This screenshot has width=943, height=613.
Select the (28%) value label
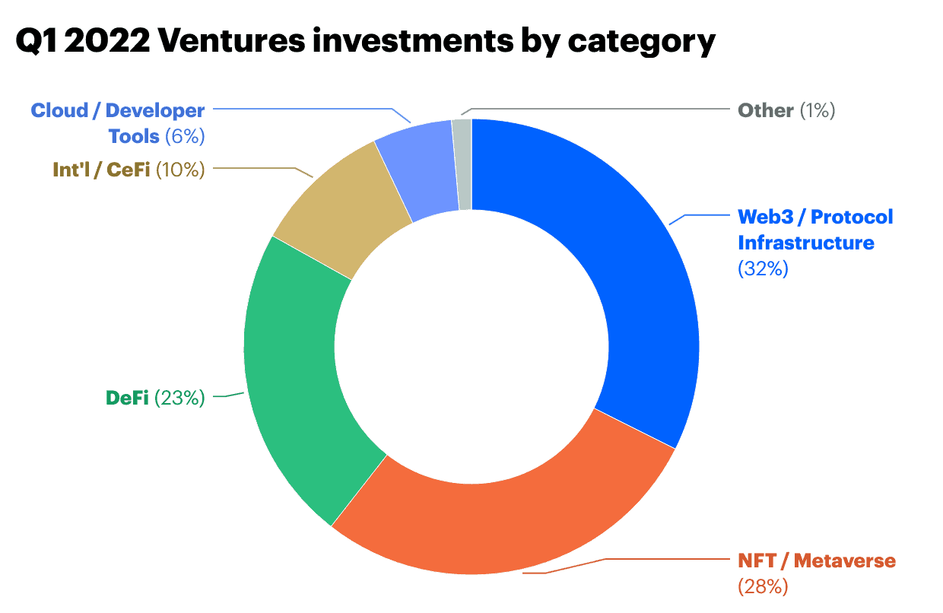(x=763, y=586)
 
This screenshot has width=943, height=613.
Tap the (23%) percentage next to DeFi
(x=179, y=398)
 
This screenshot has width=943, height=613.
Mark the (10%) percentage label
(x=180, y=170)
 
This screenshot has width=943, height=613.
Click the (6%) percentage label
(x=185, y=136)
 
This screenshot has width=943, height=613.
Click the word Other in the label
(x=766, y=110)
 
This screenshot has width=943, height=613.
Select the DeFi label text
(x=126, y=398)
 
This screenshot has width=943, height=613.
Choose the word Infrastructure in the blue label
(x=806, y=243)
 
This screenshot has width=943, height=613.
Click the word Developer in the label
(x=155, y=110)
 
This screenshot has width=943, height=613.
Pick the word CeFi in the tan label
(x=129, y=170)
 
